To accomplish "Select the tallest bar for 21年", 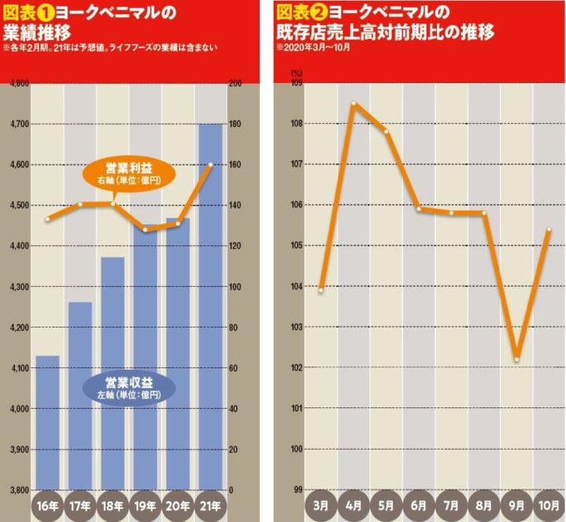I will click(x=211, y=308).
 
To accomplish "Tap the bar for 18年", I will click(x=112, y=374).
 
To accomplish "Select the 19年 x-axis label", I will click(x=146, y=505).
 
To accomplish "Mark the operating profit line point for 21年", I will click(x=211, y=165).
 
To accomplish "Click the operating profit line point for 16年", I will click(x=47, y=219).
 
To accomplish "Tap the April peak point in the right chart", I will click(x=354, y=104).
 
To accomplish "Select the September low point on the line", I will click(x=517, y=359).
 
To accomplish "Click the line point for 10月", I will click(x=549, y=230).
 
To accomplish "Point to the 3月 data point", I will click(x=321, y=290).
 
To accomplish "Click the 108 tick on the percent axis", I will click(x=295, y=124).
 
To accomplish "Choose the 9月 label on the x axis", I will click(x=517, y=505).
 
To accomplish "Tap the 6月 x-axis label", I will click(x=419, y=505).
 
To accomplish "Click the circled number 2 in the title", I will click(x=317, y=12).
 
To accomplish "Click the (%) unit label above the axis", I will click(x=296, y=73).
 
